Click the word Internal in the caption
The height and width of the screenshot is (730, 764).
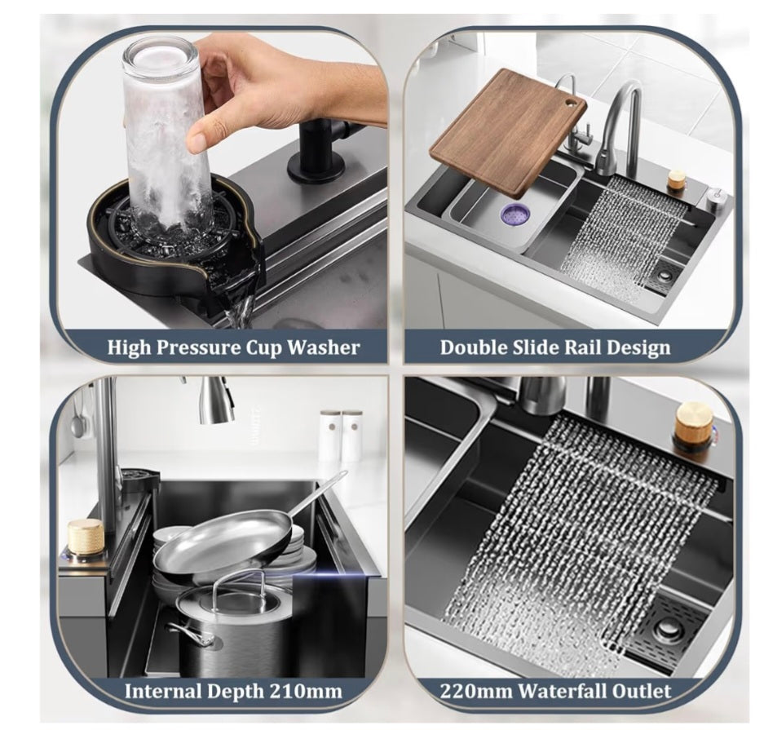point(163,692)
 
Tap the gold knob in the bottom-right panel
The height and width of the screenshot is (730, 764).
point(693,419)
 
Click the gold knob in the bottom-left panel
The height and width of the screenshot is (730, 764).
point(86,537)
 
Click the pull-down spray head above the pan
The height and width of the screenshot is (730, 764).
point(216,404)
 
